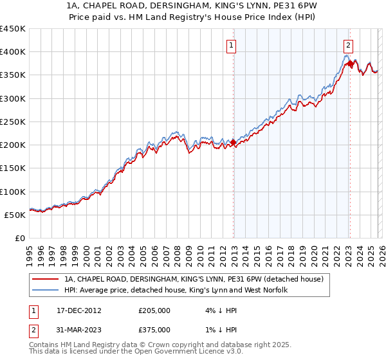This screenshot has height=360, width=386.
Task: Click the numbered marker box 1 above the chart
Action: (230, 45)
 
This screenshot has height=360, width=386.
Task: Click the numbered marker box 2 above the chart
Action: (347, 45)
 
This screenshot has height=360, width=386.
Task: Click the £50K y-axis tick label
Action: (15, 215)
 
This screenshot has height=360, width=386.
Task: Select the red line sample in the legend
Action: (46, 279)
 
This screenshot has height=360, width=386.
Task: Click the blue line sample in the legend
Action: (46, 291)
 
